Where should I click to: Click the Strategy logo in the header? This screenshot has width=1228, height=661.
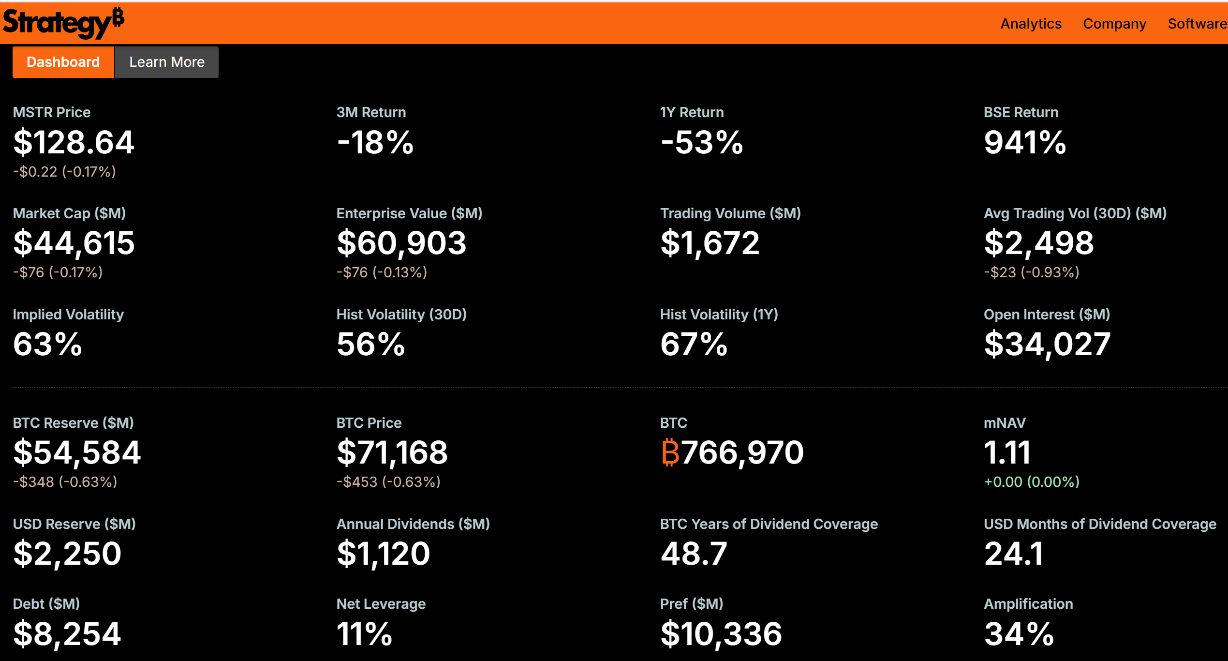(63, 23)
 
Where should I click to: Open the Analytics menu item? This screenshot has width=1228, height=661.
(1031, 24)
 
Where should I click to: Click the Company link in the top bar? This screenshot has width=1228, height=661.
(1114, 24)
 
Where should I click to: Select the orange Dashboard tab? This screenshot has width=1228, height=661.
(63, 62)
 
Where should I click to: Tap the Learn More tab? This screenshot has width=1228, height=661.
(167, 62)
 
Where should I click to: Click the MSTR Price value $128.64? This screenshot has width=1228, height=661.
(74, 143)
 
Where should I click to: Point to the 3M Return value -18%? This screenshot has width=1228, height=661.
(375, 143)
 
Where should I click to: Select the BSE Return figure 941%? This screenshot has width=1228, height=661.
(1025, 143)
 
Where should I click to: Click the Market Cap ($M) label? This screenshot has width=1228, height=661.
(69, 213)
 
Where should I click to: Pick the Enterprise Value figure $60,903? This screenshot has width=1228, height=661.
(401, 243)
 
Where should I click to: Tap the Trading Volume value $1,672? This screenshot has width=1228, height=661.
(710, 243)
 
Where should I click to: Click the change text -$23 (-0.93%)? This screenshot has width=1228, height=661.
(1031, 272)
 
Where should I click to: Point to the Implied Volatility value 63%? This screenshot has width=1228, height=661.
(47, 345)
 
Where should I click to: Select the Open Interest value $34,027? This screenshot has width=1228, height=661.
(1047, 345)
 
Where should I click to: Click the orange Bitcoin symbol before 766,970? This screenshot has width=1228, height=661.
(670, 452)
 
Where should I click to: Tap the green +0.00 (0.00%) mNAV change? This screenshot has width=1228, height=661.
(1031, 482)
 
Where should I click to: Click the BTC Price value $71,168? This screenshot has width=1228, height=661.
(392, 452)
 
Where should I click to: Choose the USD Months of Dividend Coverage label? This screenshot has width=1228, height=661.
(1100, 524)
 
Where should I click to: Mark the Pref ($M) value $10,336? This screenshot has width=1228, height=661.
(721, 634)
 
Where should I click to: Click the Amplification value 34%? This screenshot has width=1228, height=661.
(1019, 634)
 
